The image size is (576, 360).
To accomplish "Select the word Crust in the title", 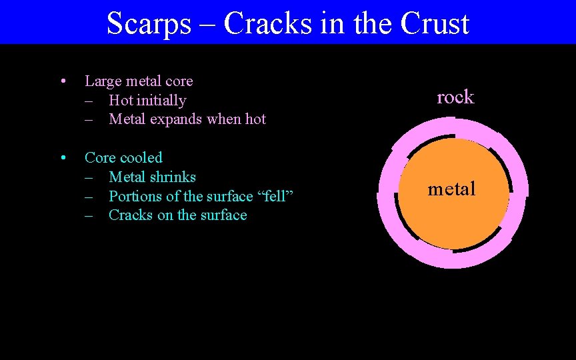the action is click(436, 24).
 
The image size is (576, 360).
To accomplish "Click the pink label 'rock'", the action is click(455, 97).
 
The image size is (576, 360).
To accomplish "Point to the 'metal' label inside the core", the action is click(452, 189).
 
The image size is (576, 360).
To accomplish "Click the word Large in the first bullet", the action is click(103, 81).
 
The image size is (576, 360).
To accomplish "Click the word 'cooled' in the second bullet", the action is click(141, 158).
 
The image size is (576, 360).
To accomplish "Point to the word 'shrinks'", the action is click(172, 177).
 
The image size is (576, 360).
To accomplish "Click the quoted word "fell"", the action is click(275, 196).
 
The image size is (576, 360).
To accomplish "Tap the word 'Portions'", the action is click(135, 196).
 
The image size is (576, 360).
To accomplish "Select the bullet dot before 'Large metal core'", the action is click(61, 82).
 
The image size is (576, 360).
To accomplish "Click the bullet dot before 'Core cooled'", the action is click(61, 159).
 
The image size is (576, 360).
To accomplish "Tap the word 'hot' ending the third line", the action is click(255, 119).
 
